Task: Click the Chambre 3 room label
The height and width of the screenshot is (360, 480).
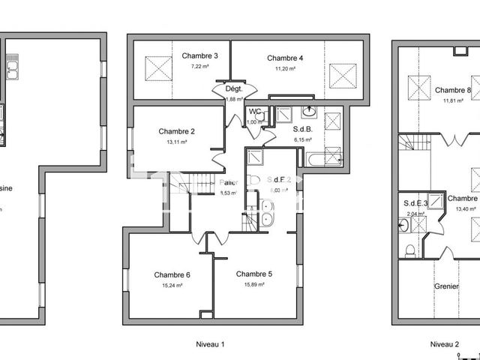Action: (x=199, y=56)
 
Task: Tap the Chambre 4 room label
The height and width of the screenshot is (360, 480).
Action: (x=285, y=58)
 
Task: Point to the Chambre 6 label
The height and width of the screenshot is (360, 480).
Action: (x=172, y=274)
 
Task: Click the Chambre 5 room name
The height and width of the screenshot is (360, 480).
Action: (x=254, y=274)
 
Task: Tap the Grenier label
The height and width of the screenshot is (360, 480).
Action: (x=448, y=286)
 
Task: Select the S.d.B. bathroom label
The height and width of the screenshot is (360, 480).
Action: (x=304, y=129)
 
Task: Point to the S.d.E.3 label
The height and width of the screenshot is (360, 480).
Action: (x=415, y=203)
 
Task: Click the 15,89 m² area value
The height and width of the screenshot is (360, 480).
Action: (x=254, y=285)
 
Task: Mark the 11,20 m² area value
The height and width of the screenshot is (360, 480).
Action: (x=285, y=68)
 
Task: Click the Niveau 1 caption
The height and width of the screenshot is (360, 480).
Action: (x=211, y=344)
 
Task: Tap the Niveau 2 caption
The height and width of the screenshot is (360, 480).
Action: (x=445, y=344)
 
